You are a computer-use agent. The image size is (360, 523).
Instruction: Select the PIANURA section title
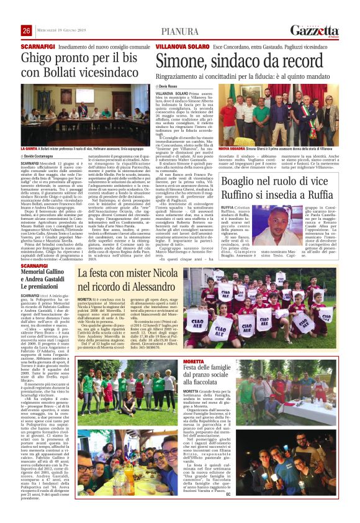coord(180,31)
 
